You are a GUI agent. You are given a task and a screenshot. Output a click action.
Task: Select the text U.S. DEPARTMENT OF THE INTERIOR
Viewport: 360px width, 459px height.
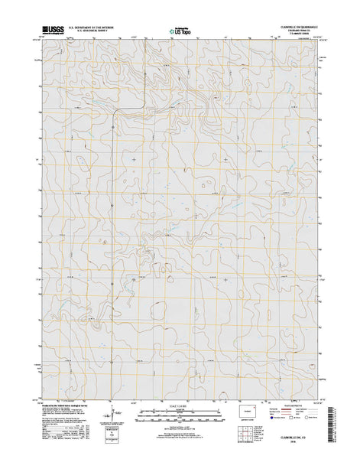tap(92, 25)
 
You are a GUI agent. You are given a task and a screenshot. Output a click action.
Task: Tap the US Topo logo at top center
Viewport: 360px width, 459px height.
tap(180, 30)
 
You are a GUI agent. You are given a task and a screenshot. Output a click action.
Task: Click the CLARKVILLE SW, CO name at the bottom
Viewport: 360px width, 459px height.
tap(295, 440)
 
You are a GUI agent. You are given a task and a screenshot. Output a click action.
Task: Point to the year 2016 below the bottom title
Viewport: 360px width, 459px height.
tap(295, 445)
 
